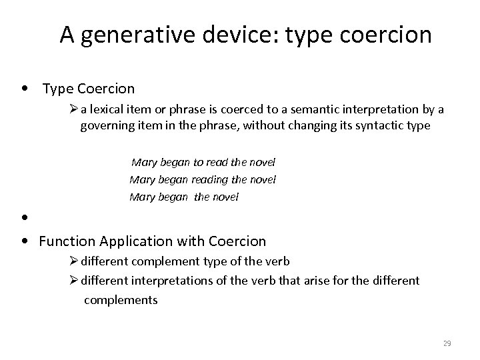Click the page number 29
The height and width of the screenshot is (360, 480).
point(447,343)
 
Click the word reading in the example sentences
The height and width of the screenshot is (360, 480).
point(211,179)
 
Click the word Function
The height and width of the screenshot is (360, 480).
point(65,241)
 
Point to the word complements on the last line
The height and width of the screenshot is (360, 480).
point(121,299)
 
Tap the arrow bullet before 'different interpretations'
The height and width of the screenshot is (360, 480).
point(73,281)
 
